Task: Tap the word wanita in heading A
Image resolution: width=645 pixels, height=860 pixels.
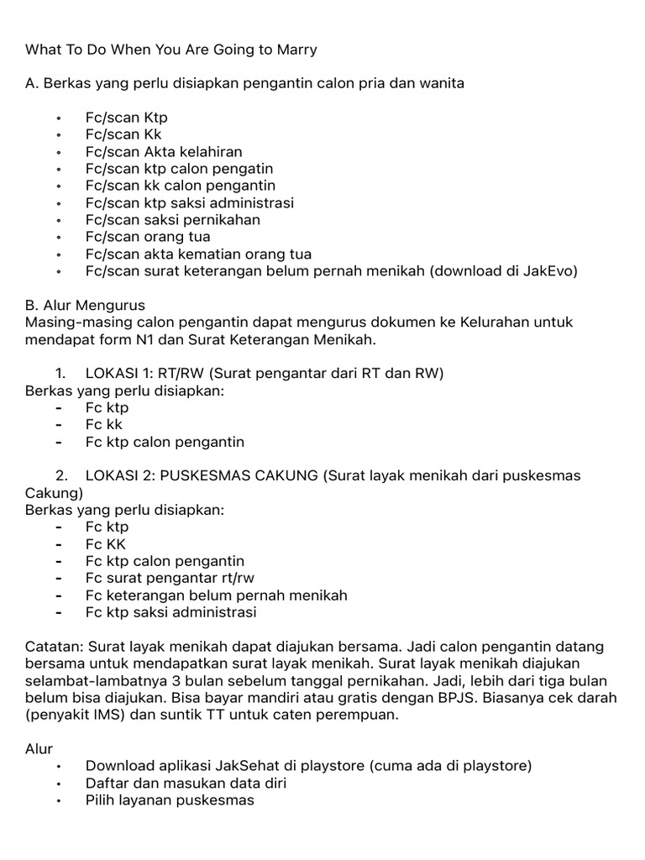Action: pos(439,83)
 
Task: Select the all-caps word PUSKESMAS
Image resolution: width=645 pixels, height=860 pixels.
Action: pos(204,475)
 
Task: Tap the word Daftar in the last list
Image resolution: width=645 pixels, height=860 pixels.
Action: pos(108,784)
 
